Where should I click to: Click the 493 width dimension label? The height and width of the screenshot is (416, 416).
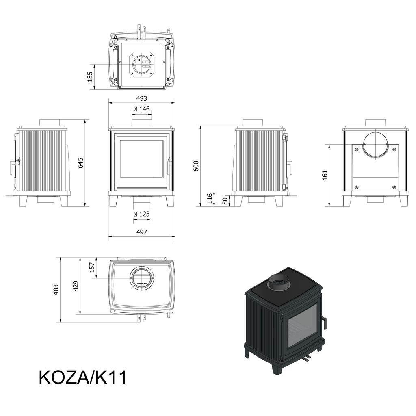point(141,98)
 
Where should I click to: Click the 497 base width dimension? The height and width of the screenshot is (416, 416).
point(141,232)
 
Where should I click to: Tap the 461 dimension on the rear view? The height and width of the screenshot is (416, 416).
point(325,175)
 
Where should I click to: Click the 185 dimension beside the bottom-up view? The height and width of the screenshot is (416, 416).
point(90,76)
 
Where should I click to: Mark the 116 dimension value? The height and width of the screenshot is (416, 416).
point(210,198)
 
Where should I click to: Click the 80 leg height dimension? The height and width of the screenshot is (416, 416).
point(225,201)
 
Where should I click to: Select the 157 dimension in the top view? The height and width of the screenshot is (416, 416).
point(92,267)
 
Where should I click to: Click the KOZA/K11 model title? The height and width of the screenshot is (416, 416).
point(82,377)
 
